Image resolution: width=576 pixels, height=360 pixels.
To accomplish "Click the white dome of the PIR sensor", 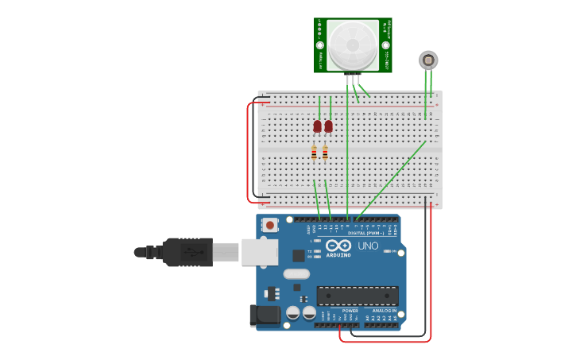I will pos(353,45).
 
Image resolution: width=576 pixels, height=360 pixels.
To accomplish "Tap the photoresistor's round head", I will pos(428,60).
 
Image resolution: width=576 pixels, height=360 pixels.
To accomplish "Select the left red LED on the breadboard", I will pos(318,126).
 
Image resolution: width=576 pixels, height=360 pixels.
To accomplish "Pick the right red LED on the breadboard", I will pos(329,126).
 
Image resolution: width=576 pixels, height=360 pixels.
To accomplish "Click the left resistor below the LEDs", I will pos(314,153).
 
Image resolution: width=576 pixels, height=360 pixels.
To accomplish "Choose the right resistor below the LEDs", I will pos(325,153).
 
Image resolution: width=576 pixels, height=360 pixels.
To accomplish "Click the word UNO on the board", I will pos(368,246).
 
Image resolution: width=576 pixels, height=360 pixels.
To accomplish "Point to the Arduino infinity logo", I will pos(338,246).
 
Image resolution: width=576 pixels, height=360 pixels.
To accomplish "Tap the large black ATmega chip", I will pos(358,296).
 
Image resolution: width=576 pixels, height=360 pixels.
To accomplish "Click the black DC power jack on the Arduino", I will pos(265,315).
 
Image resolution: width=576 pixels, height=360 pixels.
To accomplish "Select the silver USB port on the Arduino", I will pos(260,252).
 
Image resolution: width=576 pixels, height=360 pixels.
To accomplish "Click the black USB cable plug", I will pos(187,252).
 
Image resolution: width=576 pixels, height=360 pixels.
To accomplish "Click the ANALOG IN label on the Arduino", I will pos(385,311).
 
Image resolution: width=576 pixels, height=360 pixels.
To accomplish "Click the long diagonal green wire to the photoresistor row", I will pos(391,179).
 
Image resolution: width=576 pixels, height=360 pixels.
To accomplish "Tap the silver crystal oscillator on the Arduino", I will pos(296,274).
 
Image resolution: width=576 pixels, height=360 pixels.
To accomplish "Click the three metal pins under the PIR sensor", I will pos(353,78).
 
